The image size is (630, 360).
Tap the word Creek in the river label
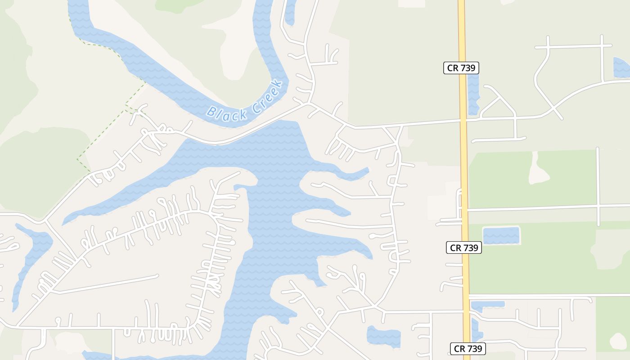[267, 96]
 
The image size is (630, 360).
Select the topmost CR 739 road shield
[461, 68]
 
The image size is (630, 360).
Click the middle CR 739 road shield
[464, 247]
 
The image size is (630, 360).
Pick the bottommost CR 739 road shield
[468, 348]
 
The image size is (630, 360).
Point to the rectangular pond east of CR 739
[501, 236]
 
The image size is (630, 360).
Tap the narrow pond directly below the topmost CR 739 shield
[473, 94]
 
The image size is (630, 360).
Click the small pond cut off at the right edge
[622, 67]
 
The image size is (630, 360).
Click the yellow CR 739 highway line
[464, 180]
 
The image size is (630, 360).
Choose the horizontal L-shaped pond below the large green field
[486, 305]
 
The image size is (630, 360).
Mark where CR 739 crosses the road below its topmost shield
[463, 120]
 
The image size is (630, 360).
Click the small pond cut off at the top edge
[290, 11]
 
